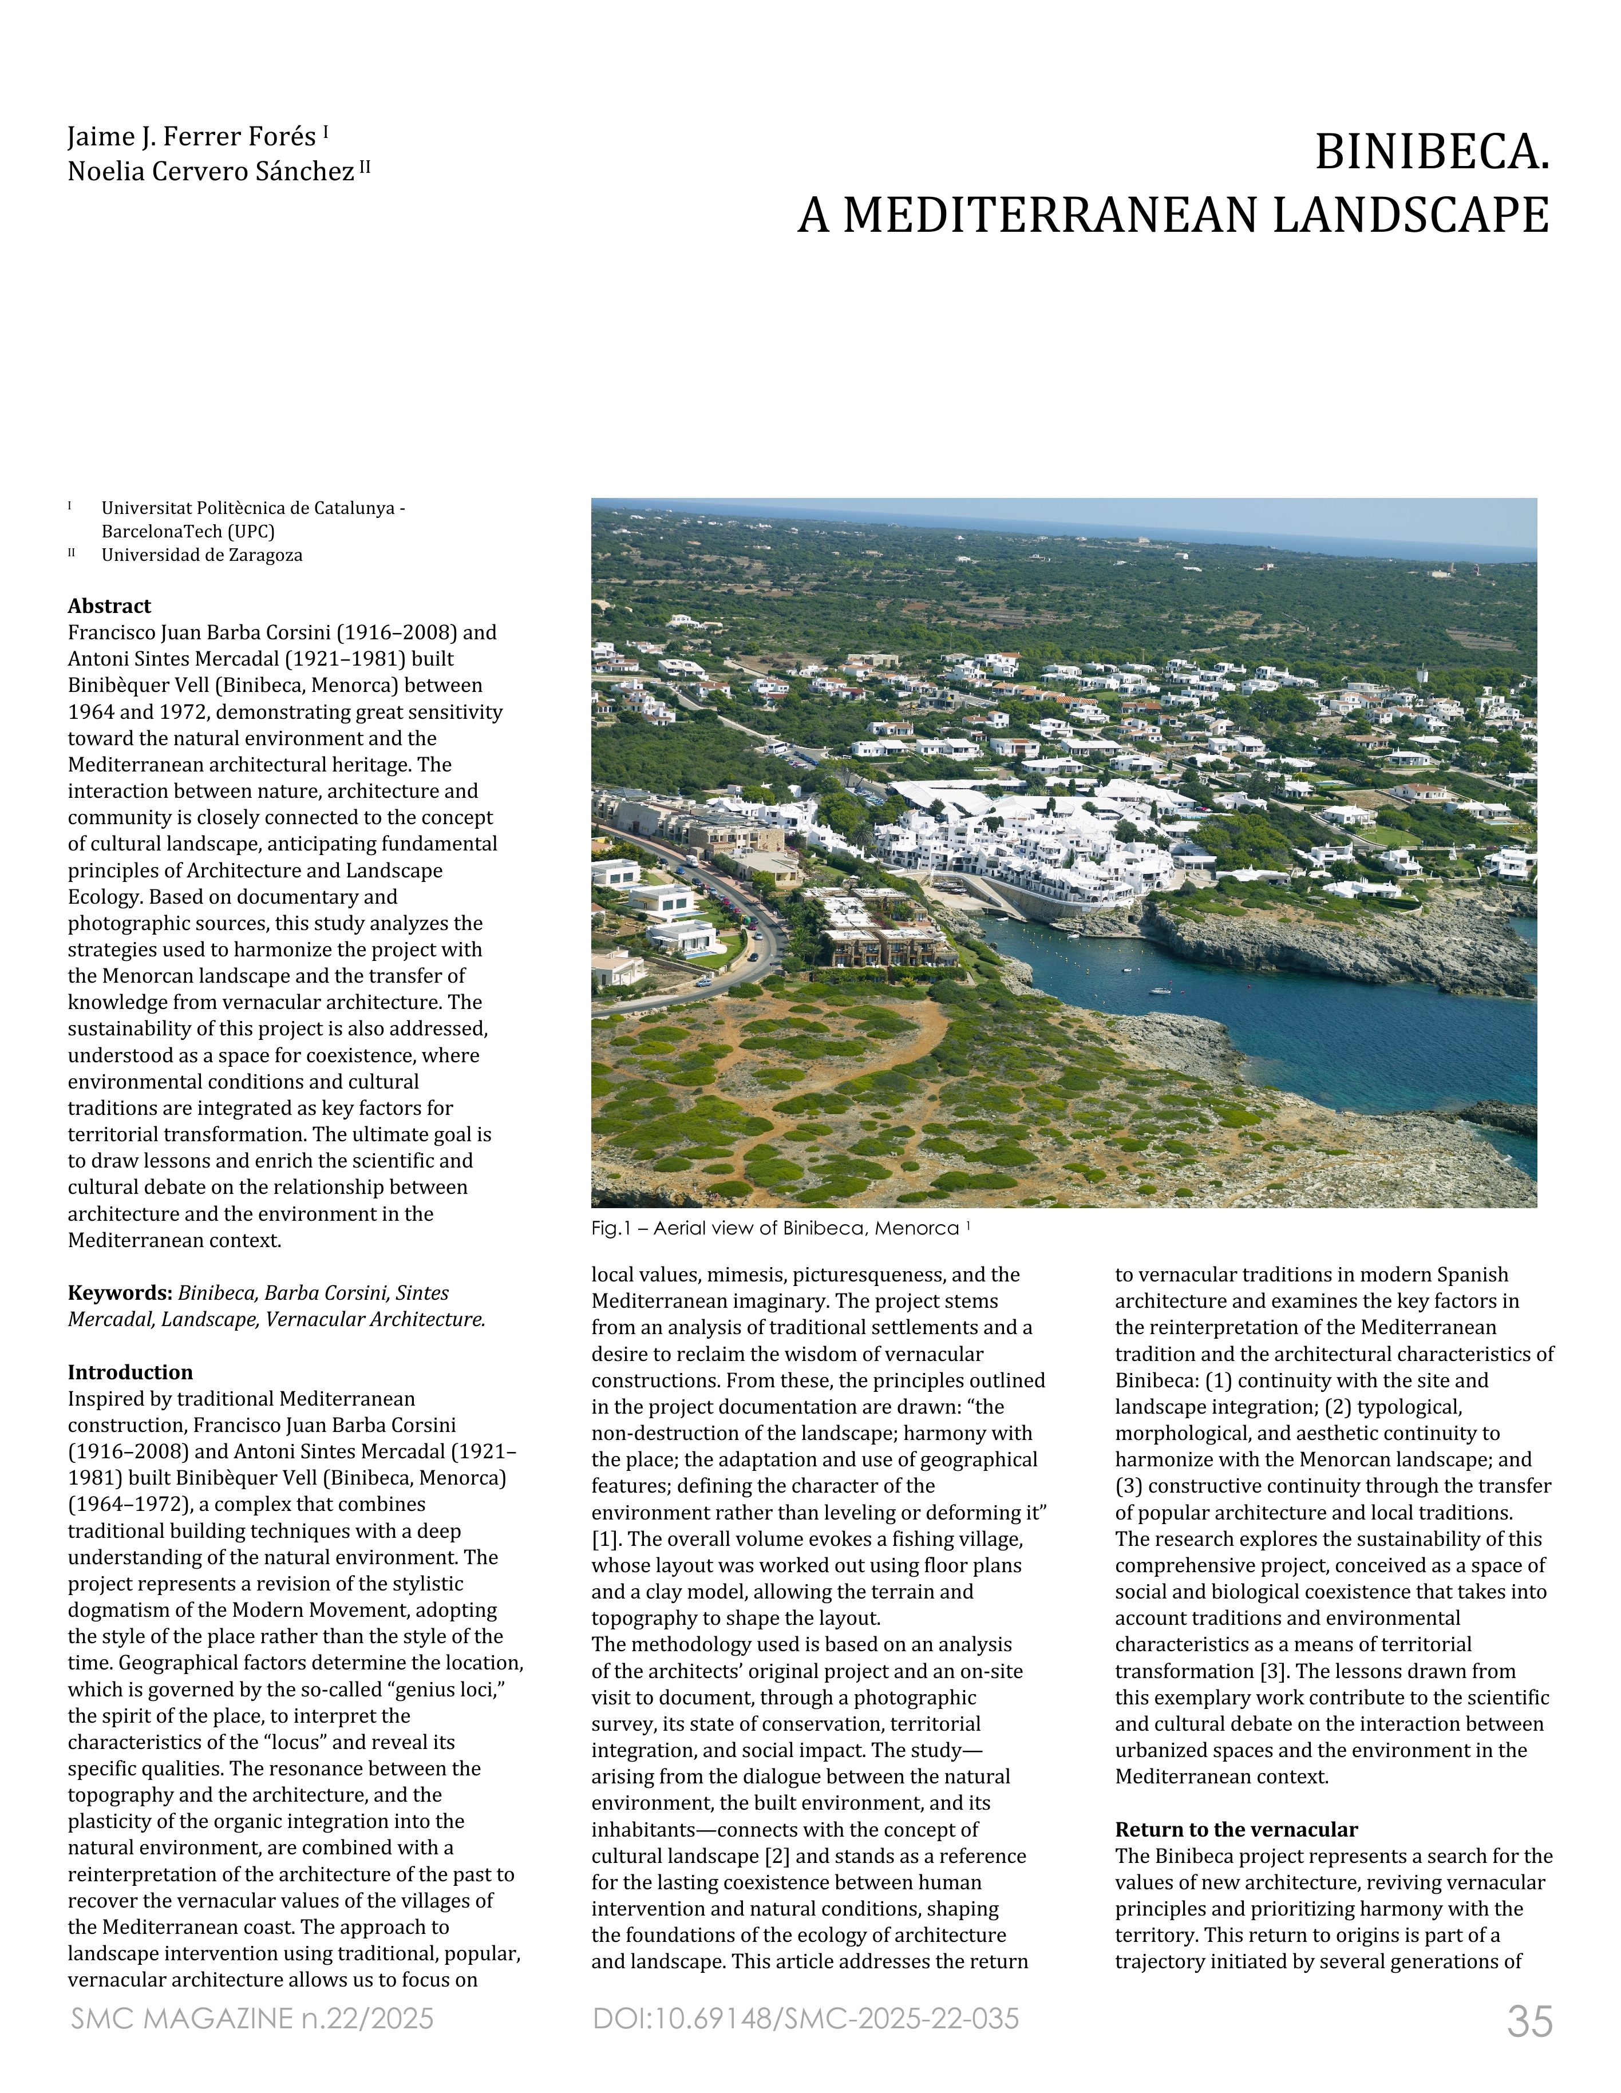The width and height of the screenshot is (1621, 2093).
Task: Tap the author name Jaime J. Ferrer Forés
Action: pos(192,137)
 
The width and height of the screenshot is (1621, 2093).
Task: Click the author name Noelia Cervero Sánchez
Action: pos(211,172)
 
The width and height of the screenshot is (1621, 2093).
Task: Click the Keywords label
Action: pos(120,1293)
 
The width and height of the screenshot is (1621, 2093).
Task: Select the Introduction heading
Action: pos(129,1372)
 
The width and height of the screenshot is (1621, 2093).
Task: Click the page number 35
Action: pos(1529,2021)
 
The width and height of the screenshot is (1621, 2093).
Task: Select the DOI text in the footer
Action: pos(805,2018)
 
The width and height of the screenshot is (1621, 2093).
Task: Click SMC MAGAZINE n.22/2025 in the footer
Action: pos(252,2018)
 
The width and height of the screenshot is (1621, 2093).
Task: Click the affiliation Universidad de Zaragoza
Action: pos(201,555)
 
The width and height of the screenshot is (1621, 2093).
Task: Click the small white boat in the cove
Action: pos(1160,990)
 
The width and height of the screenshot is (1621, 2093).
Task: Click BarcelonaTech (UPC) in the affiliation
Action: pos(188,531)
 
